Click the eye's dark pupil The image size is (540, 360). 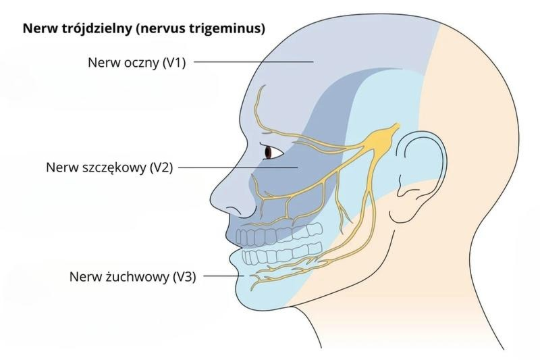(268, 151)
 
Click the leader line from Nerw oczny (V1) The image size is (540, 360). (254, 62)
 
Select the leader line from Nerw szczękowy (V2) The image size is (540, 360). (238, 168)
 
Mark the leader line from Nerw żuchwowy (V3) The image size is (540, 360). (224, 276)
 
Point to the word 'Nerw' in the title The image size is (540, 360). (36, 28)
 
